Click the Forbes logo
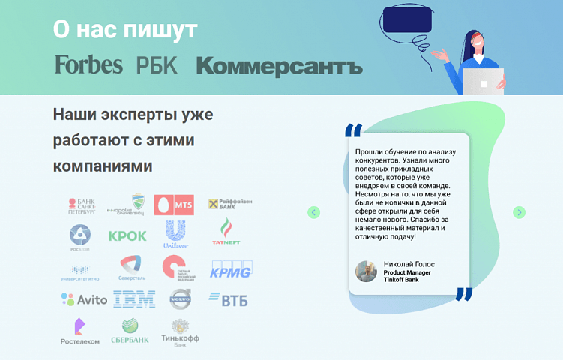88,64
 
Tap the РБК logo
157,65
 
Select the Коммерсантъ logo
279,66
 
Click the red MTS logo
174,205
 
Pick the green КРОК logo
127,235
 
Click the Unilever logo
175,235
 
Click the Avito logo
79,300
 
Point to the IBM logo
134,299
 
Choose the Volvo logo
180,299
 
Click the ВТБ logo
228,300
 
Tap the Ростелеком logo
79,331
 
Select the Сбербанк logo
130,331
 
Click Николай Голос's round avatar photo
366,271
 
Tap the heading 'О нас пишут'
125,29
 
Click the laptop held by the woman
483,81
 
